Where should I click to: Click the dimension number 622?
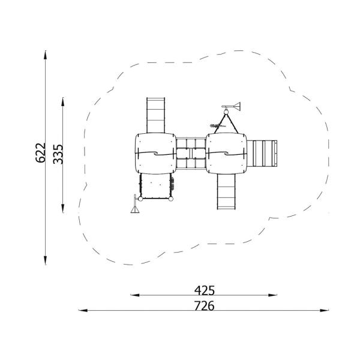tap(41, 153)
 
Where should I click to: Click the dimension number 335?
tap(58, 154)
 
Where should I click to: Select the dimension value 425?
tap(205, 290)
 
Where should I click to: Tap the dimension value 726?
tap(205, 306)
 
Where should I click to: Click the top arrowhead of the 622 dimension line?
tap(46, 55)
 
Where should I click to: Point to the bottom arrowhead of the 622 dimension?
tap(46, 260)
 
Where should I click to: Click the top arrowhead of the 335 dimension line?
tap(63, 102)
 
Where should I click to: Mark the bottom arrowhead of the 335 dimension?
tap(63, 208)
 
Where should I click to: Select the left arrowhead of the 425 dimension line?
tap(135, 295)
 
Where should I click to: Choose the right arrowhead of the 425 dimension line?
tap(272, 295)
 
